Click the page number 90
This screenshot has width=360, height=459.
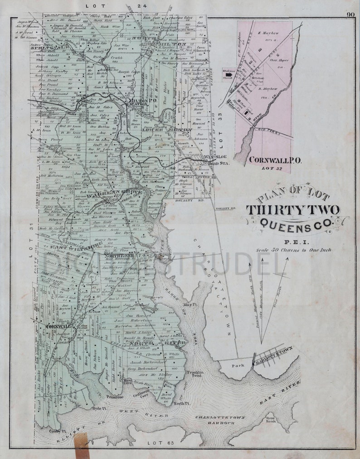350,14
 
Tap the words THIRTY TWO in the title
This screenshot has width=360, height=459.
293,210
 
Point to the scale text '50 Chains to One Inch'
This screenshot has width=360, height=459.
293,250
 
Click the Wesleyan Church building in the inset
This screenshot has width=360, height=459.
228,72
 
